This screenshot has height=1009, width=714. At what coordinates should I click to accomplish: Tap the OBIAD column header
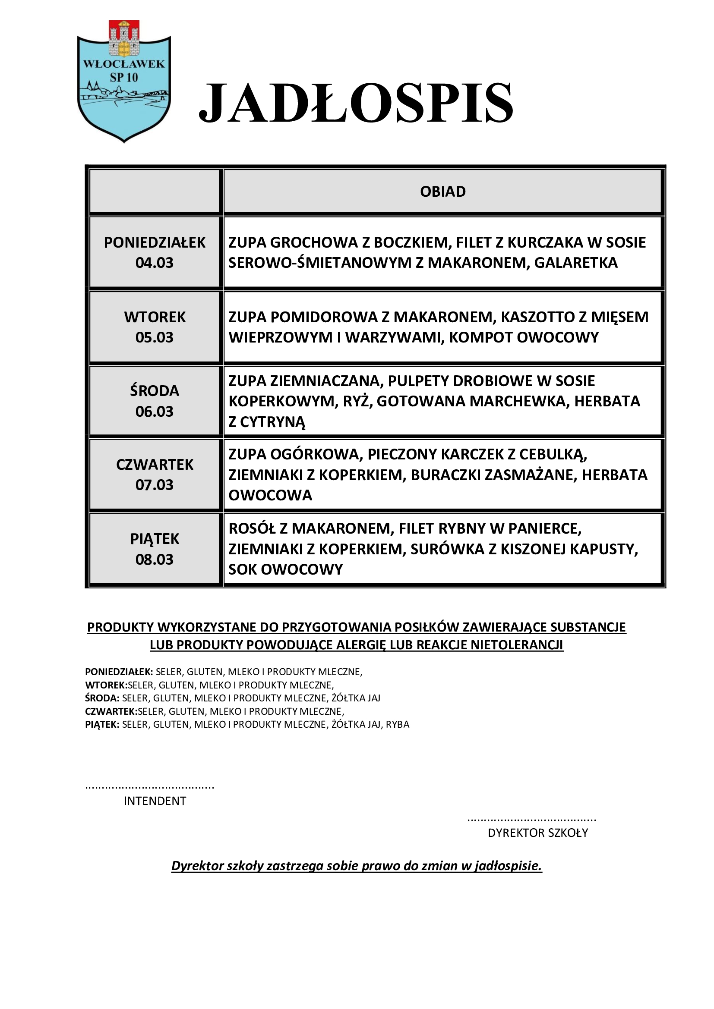(442, 192)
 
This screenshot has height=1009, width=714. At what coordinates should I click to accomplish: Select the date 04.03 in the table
(154, 263)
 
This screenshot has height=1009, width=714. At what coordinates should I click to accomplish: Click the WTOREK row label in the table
(155, 317)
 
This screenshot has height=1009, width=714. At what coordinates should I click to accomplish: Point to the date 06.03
(154, 412)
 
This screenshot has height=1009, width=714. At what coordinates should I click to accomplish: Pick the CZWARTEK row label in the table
(155, 465)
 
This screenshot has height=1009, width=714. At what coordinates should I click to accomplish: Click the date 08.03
(154, 560)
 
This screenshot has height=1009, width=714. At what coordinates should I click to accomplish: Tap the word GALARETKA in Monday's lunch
(575, 263)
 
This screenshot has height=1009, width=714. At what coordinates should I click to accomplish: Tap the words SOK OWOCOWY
(285, 569)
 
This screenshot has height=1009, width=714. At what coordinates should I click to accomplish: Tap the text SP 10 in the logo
(123, 77)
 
